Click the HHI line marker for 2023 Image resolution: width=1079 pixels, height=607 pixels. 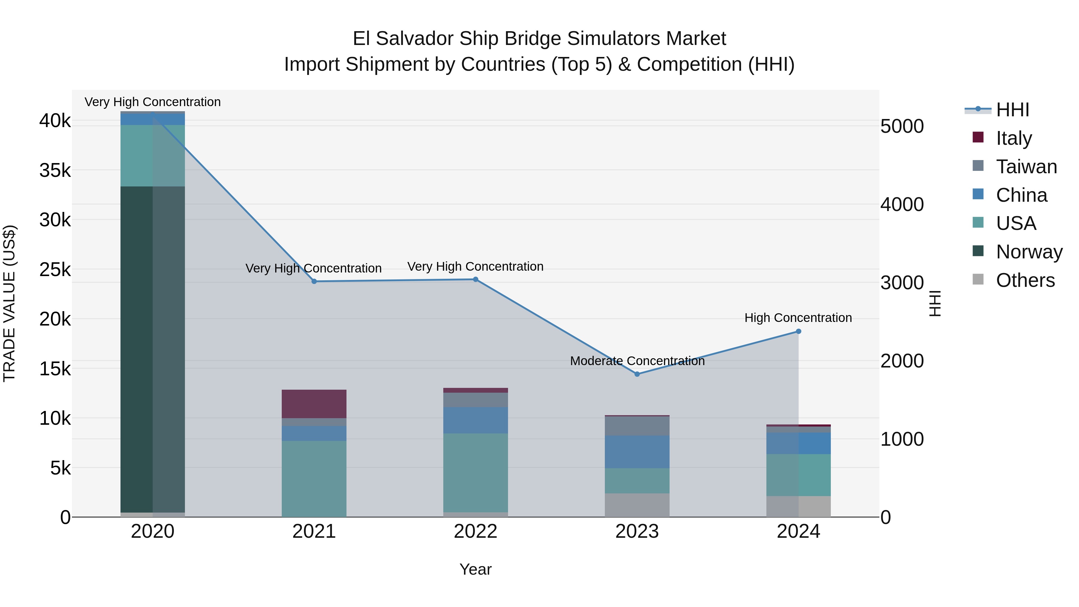[x=637, y=374]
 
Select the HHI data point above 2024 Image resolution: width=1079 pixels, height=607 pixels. [x=798, y=331]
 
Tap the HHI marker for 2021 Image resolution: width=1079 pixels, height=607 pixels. [x=314, y=281]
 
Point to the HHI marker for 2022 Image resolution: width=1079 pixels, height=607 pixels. [x=475, y=279]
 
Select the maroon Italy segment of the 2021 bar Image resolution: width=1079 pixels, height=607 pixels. [x=314, y=404]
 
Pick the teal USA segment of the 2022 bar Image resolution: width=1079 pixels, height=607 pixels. [x=475, y=472]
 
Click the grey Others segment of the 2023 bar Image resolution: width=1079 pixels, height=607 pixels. [x=637, y=505]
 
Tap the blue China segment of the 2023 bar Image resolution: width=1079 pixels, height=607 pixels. [x=637, y=452]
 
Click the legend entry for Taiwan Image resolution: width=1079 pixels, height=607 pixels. [x=1026, y=167]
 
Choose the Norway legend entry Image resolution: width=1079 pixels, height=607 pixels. [x=1029, y=252]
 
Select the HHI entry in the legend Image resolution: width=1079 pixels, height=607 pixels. [x=1012, y=110]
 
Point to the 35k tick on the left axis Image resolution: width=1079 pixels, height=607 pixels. [x=55, y=171]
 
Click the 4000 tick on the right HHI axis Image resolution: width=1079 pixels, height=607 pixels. [x=902, y=204]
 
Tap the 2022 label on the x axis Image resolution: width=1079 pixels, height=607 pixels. [x=475, y=531]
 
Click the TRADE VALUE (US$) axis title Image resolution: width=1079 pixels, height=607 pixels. [x=9, y=303]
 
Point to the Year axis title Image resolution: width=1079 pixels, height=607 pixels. [x=475, y=569]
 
